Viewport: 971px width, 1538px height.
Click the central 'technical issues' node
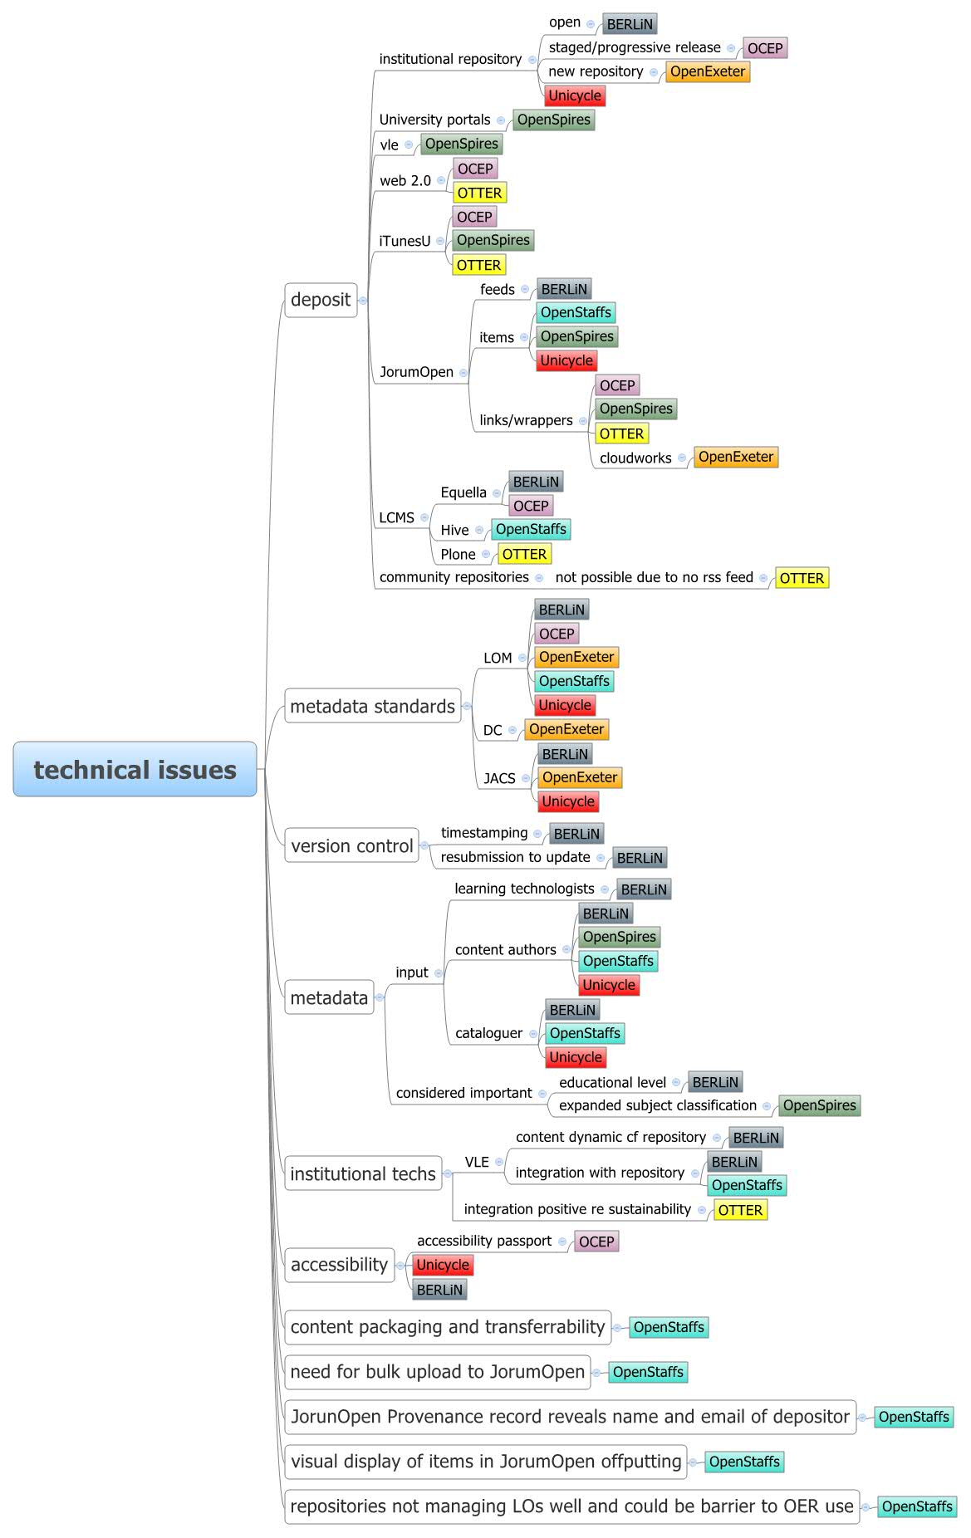[x=135, y=770]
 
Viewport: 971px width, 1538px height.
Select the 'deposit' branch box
[x=321, y=300]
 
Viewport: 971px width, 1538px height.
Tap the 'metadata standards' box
[x=372, y=706]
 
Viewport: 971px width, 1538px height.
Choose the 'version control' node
[x=351, y=845]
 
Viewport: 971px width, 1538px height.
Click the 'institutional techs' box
[x=362, y=1173]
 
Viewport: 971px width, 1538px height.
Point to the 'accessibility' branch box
[x=339, y=1265]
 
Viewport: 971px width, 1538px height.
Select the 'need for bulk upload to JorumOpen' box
[x=437, y=1372]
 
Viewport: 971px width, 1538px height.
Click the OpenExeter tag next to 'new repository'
[x=708, y=71]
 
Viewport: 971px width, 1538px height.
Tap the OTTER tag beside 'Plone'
[x=524, y=554]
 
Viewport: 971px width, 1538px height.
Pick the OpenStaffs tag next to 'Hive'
[x=531, y=529]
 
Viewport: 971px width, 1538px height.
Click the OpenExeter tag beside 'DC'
[x=566, y=729]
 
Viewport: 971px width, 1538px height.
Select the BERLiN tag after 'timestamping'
[x=576, y=834]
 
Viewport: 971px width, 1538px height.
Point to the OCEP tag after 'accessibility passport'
[x=596, y=1242]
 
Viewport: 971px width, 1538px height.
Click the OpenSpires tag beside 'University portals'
[x=553, y=120]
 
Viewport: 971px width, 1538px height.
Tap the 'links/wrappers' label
[x=526, y=420]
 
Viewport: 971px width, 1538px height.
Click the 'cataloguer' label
[x=488, y=1033]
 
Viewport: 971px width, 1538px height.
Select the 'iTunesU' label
[x=405, y=241]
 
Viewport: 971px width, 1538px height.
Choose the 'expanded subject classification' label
[x=657, y=1105]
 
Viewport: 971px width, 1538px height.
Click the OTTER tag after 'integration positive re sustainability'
[x=740, y=1210]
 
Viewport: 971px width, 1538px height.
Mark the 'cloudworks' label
[x=635, y=458]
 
